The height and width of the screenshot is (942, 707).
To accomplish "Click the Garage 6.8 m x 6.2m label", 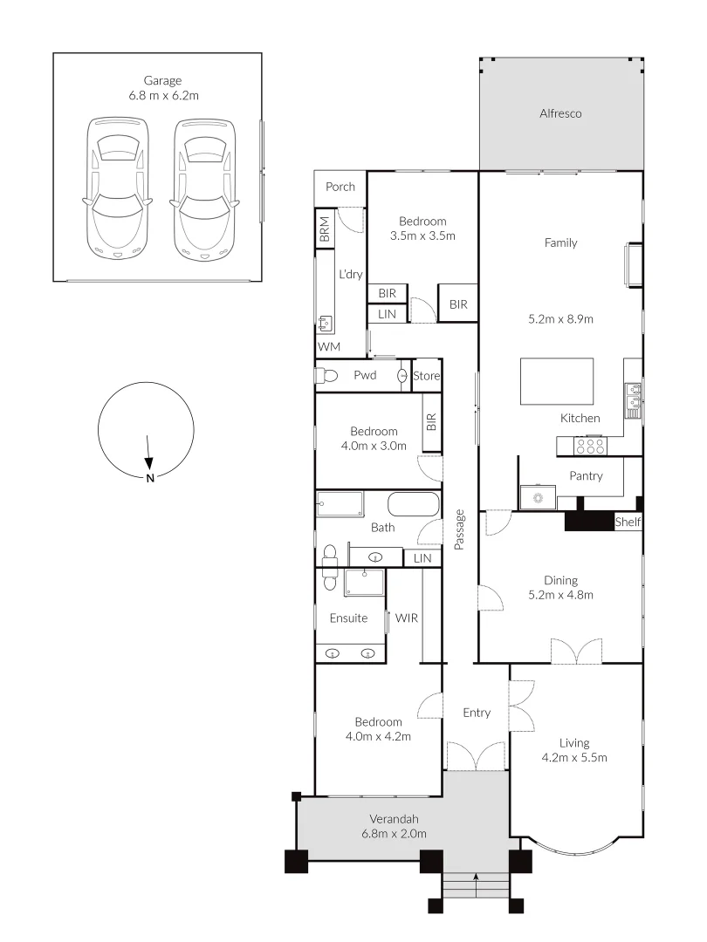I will [163, 88].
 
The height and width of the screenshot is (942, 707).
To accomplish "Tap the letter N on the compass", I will [150, 478].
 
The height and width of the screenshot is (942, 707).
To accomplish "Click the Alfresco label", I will [560, 113].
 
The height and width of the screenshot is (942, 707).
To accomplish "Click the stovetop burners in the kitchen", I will [591, 446].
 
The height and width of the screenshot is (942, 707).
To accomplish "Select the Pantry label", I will [586, 476].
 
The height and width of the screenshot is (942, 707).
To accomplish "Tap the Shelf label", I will [628, 522].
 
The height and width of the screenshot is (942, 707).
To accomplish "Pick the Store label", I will [427, 376].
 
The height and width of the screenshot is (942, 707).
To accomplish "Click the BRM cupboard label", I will [325, 230].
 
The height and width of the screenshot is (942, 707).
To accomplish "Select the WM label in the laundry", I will [328, 347].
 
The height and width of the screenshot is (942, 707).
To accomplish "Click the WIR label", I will [407, 618].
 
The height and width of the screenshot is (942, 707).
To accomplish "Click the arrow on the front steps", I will [477, 878].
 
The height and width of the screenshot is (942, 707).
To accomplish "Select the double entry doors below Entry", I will [476, 756].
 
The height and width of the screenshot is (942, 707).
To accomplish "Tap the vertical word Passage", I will [459, 529].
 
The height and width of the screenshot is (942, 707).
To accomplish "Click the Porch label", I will [340, 187].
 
